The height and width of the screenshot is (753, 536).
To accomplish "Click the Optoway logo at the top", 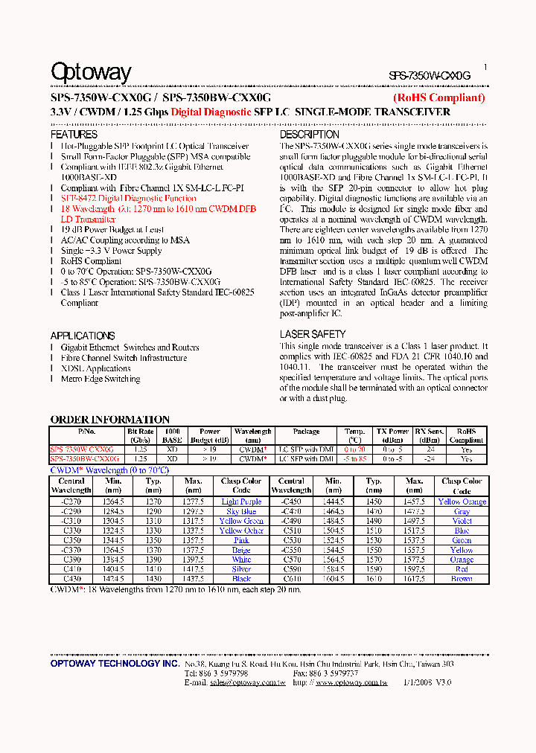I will tap(91, 72).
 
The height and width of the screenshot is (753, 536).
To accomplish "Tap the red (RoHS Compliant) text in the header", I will tap(438, 97).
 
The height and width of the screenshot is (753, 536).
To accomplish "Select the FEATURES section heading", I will tap(74, 135).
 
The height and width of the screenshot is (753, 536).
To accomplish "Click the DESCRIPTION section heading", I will tap(309, 135).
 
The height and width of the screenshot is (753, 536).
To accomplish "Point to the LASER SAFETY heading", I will tap(313, 335).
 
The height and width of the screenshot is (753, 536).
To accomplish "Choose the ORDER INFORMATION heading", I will tap(109, 420).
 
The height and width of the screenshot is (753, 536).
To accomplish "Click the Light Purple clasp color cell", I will tap(241, 502).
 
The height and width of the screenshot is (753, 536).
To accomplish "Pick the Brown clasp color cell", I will tap(462, 579).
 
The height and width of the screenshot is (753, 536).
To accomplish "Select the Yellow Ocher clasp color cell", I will tap(241, 531).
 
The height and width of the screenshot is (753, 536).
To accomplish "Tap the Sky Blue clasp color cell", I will tap(241, 511).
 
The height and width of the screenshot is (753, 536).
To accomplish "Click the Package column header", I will tap(306, 432).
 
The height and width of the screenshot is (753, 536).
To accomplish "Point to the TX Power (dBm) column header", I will tap(392, 435).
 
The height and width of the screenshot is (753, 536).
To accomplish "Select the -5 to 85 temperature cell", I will tap(354, 459).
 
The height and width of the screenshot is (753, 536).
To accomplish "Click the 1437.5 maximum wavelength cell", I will tap(193, 579).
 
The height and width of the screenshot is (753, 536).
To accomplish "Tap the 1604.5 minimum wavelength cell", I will tap(334, 579).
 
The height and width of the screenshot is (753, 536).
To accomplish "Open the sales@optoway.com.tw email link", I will tap(247, 682).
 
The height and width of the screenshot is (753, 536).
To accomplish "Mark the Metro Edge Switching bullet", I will tap(100, 379).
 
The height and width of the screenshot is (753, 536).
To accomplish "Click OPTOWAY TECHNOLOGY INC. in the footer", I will tap(115, 663).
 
